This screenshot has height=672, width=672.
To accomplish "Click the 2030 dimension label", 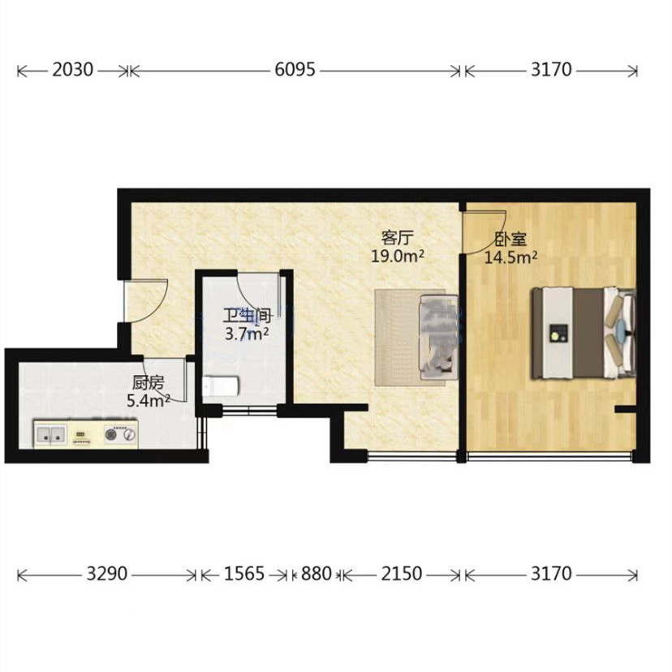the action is coord(72,70).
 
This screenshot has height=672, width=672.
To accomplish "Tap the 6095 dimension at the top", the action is coord(295,70).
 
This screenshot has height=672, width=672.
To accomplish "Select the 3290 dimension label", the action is coord(106,574).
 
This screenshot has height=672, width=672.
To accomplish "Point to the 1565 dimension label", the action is coord(244,574).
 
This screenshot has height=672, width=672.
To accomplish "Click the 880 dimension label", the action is coord(317,574).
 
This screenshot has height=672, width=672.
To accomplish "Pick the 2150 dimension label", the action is coord(402,574).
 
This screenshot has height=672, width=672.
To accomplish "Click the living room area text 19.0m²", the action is coord(398,256).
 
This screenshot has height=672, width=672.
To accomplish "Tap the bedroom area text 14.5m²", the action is coord(510,257).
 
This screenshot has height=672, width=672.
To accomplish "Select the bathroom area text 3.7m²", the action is coord(248,334).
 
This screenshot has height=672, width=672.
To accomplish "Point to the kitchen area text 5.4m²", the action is coord(149,400).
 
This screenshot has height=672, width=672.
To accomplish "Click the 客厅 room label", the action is coord(398,237).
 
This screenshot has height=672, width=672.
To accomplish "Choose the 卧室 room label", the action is coord(510,239).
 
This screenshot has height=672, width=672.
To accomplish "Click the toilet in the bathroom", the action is coord(220,386).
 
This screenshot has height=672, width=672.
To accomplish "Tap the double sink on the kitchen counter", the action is coord(50,433).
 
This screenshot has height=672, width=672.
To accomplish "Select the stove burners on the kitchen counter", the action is coord(120,434).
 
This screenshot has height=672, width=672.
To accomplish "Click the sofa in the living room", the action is coord(438,337).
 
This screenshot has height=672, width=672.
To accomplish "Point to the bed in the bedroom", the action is coord(584,334).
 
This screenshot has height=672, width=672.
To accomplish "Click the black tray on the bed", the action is coord(558,334).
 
